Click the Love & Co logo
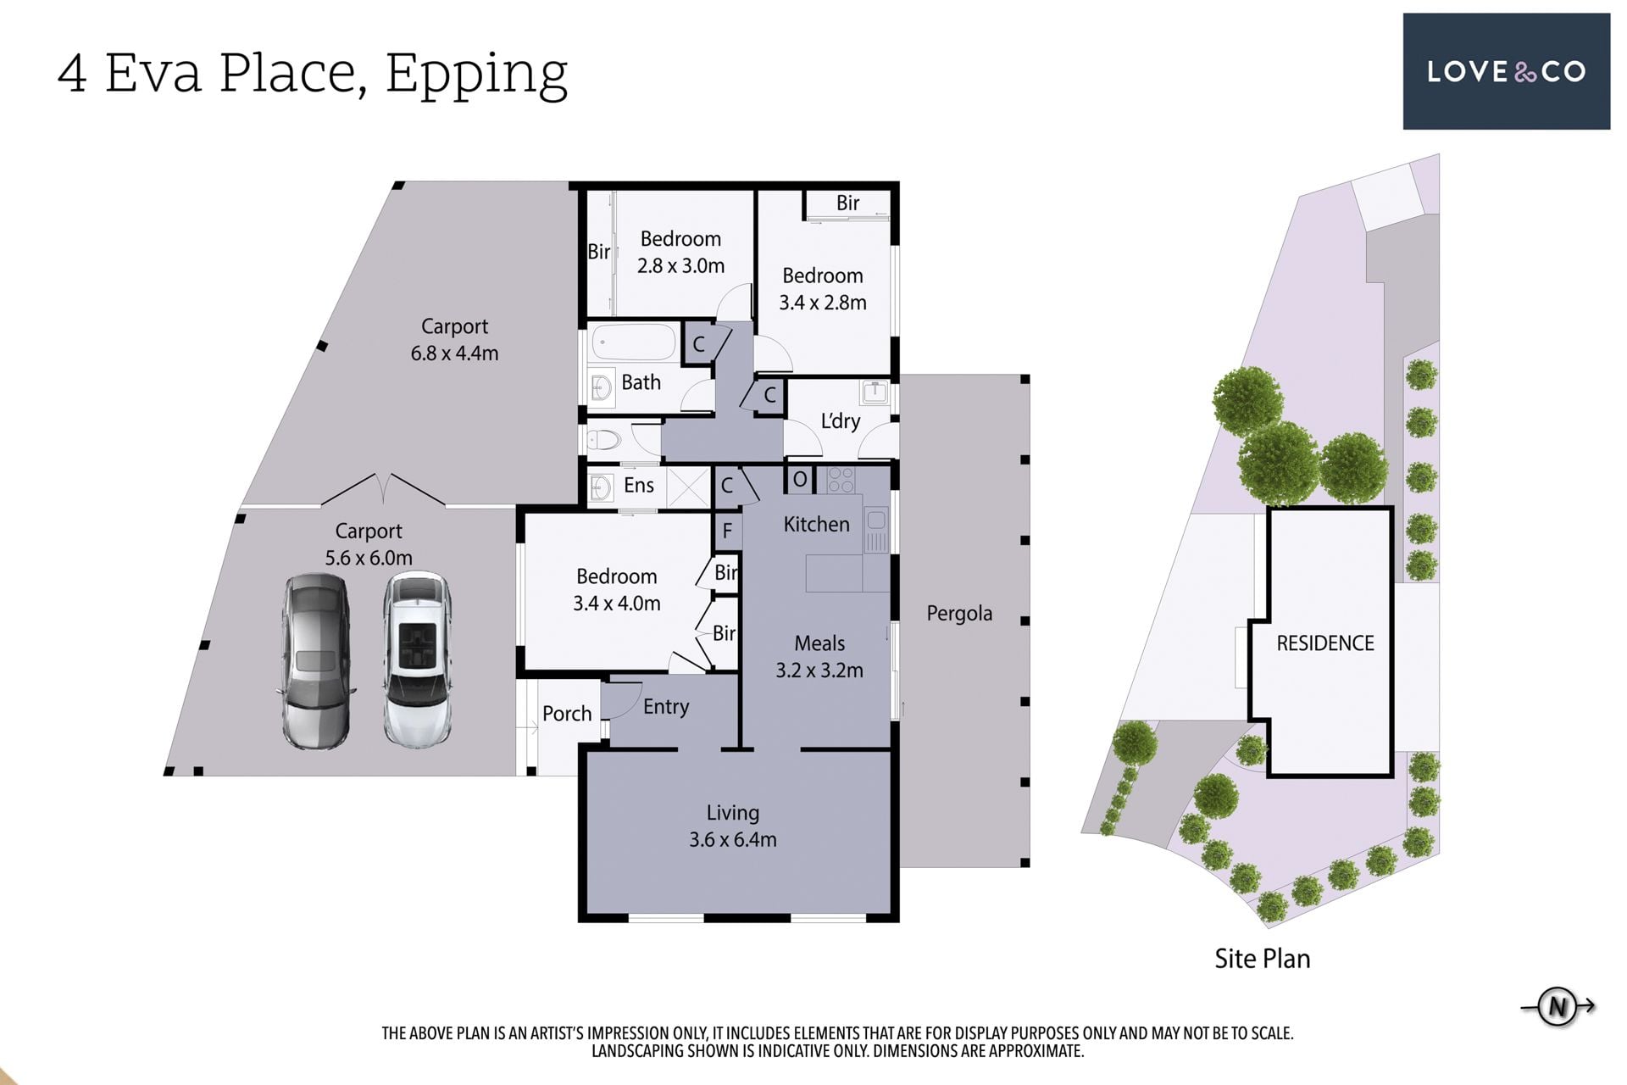1506,71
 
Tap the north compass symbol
1558,1006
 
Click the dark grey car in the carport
315,661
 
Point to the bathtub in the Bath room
634,343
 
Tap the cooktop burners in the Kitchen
841,480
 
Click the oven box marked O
800,480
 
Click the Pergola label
959,613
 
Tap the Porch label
567,714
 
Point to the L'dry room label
841,421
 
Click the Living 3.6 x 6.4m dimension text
733,839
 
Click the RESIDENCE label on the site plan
1325,643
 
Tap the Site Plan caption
1263,959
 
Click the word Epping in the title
476,75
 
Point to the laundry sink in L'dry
875,392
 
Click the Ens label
639,485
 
